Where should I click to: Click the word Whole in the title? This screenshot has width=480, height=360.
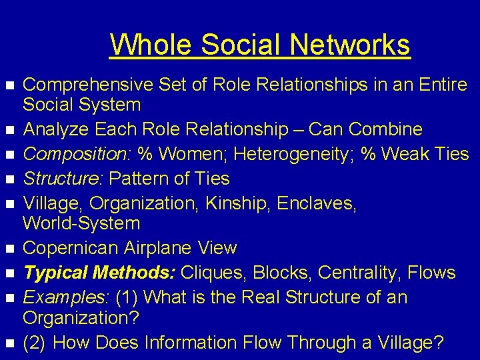pyautogui.click(x=151, y=45)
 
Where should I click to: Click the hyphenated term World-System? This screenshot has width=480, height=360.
pyautogui.click(x=81, y=223)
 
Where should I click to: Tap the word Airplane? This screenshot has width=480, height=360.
pyautogui.click(x=162, y=248)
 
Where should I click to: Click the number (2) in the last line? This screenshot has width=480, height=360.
pyautogui.click(x=33, y=343)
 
